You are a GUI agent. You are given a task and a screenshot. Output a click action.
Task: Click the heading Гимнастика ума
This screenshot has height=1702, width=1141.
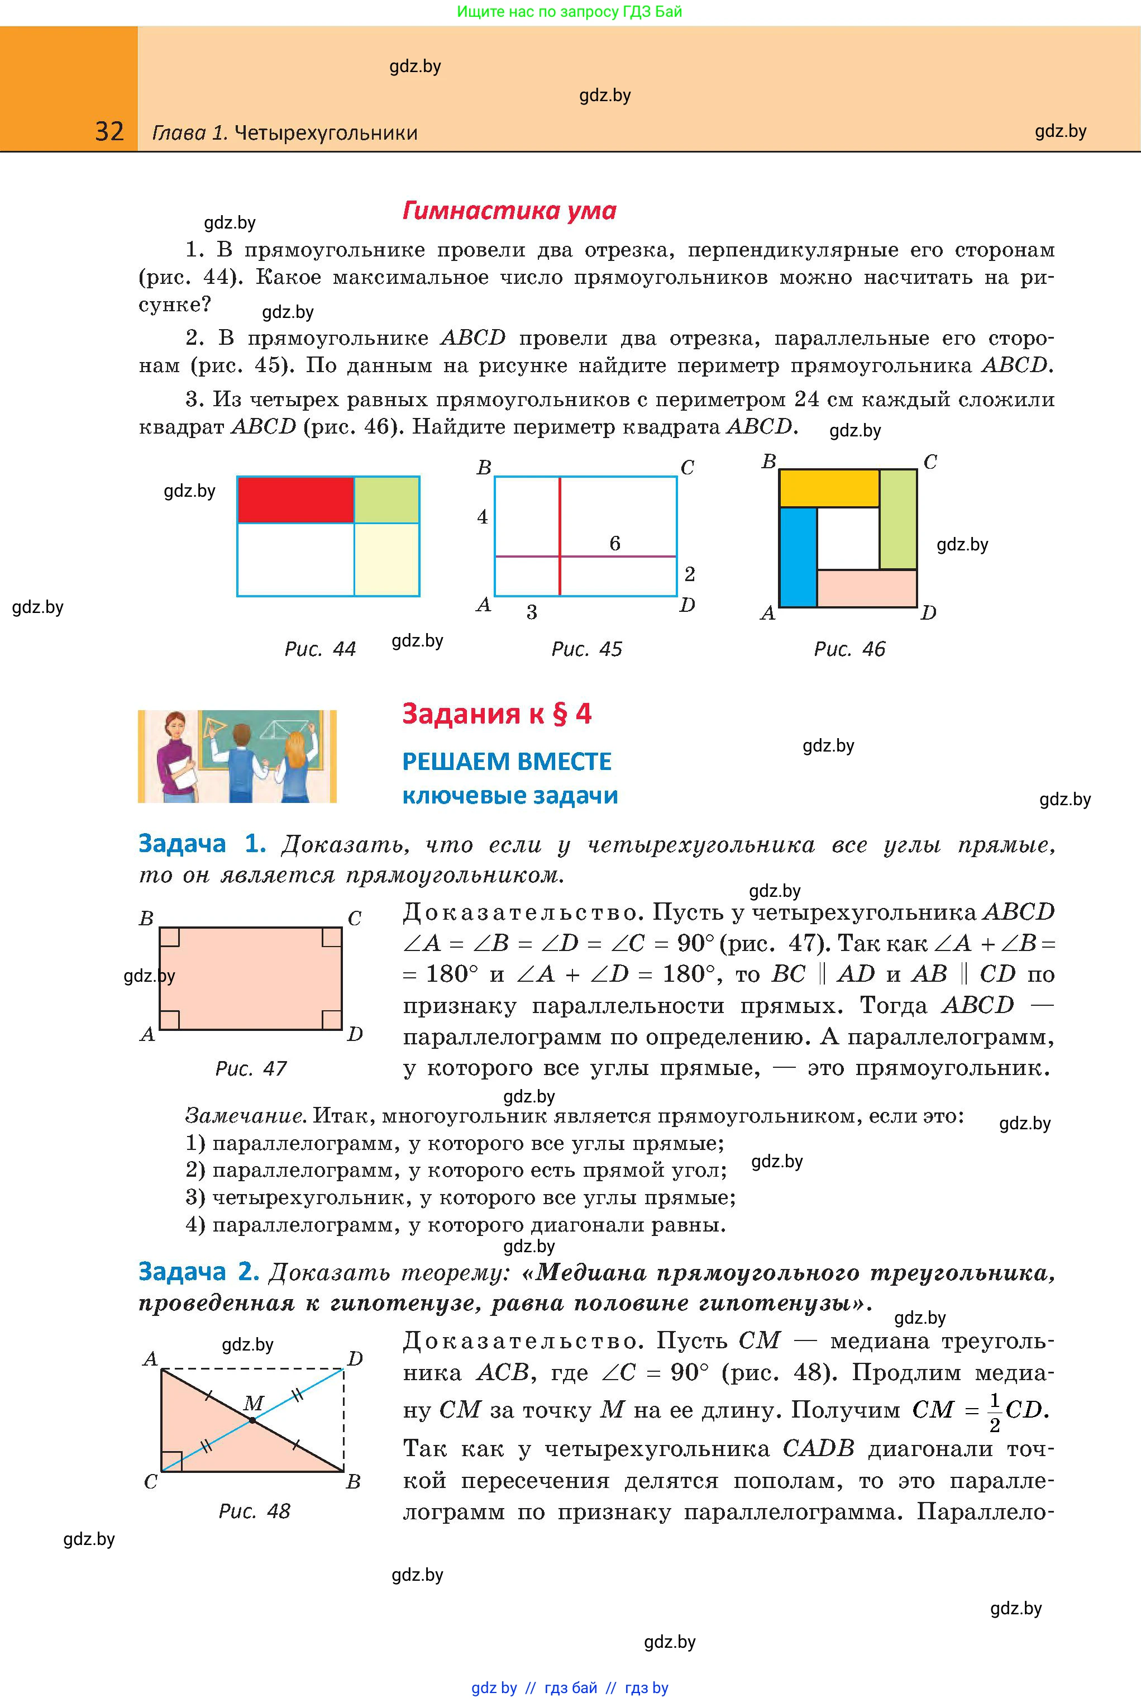(x=509, y=211)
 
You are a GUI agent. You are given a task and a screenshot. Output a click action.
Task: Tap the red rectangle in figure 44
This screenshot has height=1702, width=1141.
(x=295, y=500)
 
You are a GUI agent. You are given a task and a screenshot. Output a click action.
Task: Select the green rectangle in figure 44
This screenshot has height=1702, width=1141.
(x=386, y=500)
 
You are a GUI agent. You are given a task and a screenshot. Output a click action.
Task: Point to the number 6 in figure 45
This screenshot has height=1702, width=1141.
(x=615, y=544)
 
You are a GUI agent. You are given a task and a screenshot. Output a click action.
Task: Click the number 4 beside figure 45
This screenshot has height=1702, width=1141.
(x=483, y=517)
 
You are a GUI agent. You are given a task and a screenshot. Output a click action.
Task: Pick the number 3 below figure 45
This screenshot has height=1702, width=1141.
(x=532, y=613)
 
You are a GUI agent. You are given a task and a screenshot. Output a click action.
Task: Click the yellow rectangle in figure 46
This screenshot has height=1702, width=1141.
(x=829, y=488)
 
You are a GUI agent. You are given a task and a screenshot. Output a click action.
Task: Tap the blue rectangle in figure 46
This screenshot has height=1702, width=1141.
(x=798, y=557)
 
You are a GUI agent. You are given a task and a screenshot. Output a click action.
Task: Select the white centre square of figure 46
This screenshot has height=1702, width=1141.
(x=848, y=539)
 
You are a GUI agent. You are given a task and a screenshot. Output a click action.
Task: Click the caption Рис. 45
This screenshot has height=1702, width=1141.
(x=586, y=649)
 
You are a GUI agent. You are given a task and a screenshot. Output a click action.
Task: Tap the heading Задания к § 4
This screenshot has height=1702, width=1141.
(x=497, y=714)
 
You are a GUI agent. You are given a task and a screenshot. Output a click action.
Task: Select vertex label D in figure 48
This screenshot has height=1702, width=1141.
(x=355, y=1358)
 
